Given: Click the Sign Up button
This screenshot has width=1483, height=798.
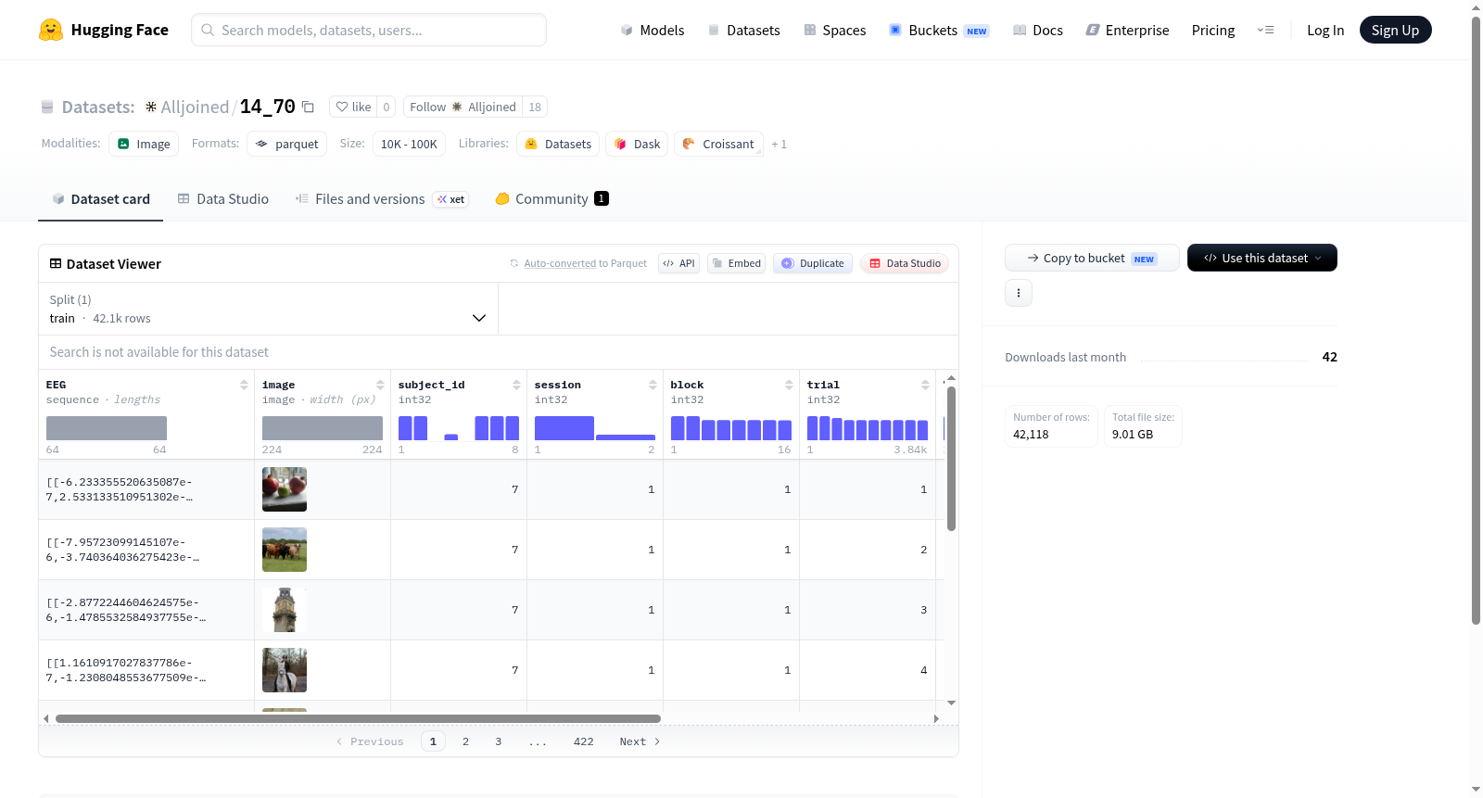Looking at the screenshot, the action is click(1395, 30).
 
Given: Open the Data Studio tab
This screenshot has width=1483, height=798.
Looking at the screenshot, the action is click(223, 198).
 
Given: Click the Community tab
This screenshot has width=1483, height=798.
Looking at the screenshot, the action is click(551, 198).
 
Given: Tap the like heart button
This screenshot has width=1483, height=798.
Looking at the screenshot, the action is click(353, 107).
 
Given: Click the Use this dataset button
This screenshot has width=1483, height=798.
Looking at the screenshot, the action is click(1261, 258).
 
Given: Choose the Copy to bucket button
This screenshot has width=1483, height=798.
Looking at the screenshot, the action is click(1092, 258).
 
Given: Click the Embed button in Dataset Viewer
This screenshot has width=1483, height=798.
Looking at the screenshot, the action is click(736, 263).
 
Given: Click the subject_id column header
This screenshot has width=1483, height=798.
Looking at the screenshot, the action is click(431, 385).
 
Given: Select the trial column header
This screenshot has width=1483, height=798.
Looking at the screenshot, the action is click(823, 385).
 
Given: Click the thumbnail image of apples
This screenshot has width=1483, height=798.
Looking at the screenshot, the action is click(285, 489).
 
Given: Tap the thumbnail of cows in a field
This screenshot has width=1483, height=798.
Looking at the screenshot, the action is click(285, 550).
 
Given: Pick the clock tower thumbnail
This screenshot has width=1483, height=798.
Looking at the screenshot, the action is click(285, 610).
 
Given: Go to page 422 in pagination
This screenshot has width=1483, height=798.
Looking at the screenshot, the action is click(583, 741).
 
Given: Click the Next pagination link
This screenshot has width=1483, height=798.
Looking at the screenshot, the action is click(640, 741).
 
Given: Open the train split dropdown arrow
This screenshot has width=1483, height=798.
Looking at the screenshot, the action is click(479, 318).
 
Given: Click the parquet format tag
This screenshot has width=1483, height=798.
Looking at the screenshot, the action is click(286, 144).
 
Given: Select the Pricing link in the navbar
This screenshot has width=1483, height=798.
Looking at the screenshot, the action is click(1213, 30).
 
